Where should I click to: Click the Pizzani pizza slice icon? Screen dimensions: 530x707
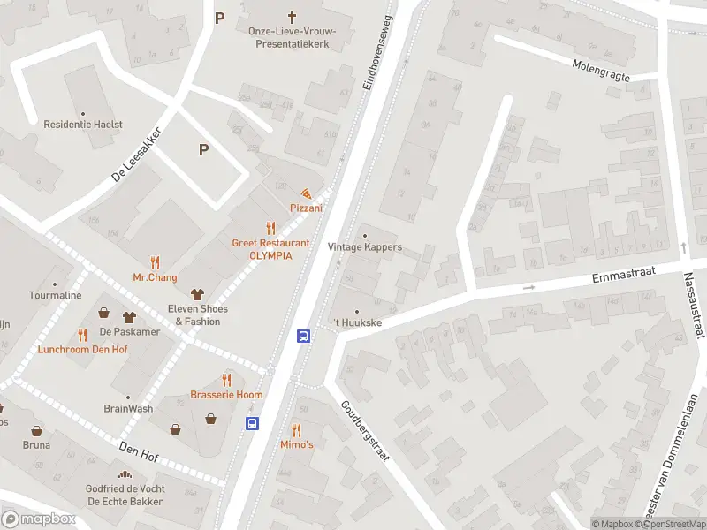[306, 193]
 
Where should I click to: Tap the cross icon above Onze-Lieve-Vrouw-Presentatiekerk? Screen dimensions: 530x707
[293, 16]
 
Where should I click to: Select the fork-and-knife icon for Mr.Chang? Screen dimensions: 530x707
[156, 262]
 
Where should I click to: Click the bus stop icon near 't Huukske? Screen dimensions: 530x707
[303, 336]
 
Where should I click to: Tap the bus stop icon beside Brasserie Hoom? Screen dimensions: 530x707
[252, 423]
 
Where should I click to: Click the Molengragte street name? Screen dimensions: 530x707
[601, 71]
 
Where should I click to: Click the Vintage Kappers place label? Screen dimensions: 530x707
[364, 246]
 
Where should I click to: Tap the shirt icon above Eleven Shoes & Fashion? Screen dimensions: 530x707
[197, 294]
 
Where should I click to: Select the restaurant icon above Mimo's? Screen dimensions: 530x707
[296, 430]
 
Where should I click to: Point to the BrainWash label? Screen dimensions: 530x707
[128, 408]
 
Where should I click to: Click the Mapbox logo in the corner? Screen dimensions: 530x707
[39, 519]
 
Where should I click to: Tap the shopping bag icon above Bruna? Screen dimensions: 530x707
[37, 431]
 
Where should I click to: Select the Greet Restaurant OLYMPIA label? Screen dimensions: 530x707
[270, 248]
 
